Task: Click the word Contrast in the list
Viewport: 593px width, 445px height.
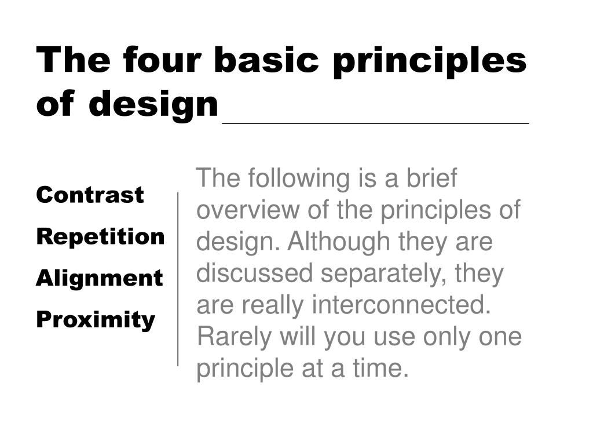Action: pos(90,195)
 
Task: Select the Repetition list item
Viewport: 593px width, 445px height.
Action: pos(101,237)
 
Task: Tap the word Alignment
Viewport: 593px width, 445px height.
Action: pos(100,279)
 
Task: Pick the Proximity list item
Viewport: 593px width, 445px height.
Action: pos(96,320)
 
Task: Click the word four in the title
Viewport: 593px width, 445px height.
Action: pos(162,60)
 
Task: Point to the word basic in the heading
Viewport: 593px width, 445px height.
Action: pos(266,60)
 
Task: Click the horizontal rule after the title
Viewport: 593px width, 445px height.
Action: pos(375,123)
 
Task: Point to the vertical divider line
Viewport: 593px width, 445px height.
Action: pos(178,279)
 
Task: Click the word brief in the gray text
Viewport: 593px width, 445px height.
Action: pos(431,177)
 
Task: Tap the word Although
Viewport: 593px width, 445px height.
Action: pos(338,243)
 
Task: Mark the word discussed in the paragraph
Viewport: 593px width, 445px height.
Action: pos(255,273)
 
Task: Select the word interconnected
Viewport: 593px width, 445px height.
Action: pos(401,305)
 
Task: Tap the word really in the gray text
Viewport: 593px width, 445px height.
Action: pos(273,306)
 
